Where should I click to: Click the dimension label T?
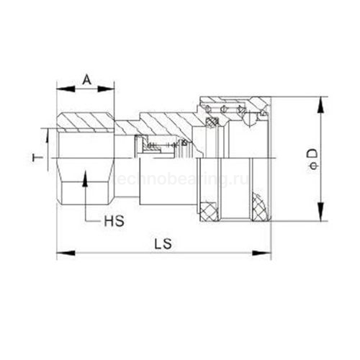point(42,156)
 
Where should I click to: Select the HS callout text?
point(114,220)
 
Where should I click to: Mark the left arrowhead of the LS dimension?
point(60,253)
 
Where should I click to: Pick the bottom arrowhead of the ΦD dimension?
point(316,217)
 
